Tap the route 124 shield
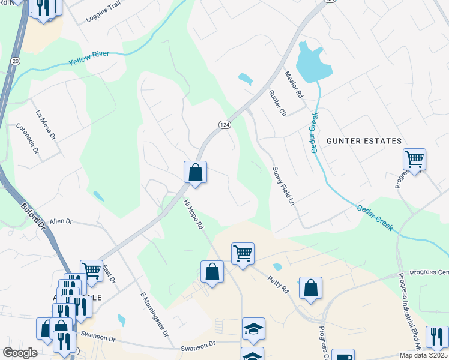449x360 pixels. tap(224, 124)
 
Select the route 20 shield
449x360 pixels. tap(15, 61)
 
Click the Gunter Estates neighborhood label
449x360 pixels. tap(364, 141)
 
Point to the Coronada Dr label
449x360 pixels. tap(28, 139)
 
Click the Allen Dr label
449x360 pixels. tap(61, 221)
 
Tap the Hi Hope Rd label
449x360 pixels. tap(194, 215)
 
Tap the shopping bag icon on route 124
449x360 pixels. tap(195, 172)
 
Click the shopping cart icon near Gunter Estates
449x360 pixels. tap(414, 160)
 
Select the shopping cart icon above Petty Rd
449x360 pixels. tap(243, 253)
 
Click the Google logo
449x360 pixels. tap(20, 353)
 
